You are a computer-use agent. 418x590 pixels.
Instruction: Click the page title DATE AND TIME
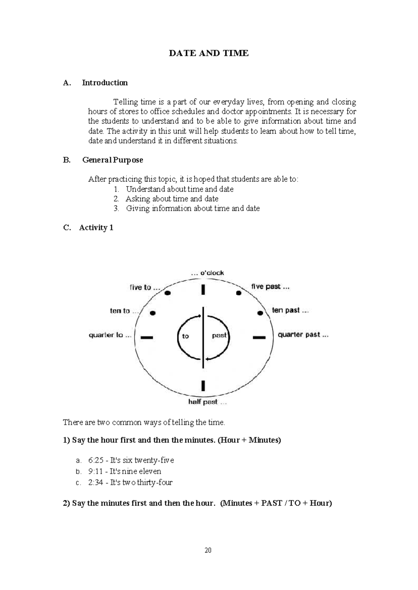click(x=208, y=53)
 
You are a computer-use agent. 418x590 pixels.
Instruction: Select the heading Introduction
click(x=104, y=83)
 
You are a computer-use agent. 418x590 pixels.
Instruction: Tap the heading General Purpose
click(x=113, y=160)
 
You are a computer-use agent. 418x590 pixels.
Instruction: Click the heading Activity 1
click(x=96, y=227)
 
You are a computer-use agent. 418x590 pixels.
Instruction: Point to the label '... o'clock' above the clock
click(x=207, y=273)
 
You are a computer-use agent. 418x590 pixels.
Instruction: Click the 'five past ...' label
click(x=270, y=287)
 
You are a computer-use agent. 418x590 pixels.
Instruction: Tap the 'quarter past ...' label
click(x=303, y=335)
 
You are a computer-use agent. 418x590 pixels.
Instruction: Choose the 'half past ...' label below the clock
click(x=207, y=402)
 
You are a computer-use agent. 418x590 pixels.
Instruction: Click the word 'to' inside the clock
click(x=185, y=336)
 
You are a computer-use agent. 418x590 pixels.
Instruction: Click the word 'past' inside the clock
click(x=219, y=336)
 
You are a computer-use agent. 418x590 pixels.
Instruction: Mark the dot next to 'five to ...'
click(x=168, y=293)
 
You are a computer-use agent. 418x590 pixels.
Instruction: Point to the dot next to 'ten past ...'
click(x=260, y=313)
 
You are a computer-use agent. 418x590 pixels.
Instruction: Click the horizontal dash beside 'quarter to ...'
click(x=147, y=337)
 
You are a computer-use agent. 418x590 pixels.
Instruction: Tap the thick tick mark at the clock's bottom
click(x=203, y=386)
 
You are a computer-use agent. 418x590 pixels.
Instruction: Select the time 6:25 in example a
click(x=96, y=460)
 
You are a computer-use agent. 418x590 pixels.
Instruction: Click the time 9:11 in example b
click(x=95, y=472)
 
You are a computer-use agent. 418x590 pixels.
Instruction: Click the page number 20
click(x=208, y=550)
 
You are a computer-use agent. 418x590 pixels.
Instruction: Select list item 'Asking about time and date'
click(x=172, y=199)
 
